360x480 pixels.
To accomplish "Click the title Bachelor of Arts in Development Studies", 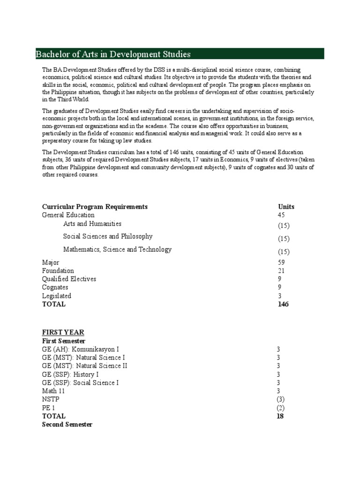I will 113,54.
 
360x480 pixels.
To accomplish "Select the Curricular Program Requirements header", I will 95,207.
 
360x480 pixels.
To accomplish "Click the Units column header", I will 286,207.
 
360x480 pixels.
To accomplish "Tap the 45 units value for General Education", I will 282,215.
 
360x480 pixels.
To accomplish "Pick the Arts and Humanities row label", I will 92,224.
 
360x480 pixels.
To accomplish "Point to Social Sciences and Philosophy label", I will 108,237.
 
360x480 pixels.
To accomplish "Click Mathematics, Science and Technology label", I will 117,250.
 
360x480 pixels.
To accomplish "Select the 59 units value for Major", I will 282,262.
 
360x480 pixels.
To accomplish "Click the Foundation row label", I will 58,271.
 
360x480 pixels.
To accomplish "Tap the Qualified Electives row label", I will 69,279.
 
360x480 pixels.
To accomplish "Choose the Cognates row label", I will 55,287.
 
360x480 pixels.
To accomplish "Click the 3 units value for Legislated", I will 280,296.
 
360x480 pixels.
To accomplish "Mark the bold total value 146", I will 283,304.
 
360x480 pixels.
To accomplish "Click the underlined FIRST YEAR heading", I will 63,332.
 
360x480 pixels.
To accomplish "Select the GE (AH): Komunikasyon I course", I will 80,349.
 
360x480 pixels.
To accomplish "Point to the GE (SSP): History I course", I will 70,375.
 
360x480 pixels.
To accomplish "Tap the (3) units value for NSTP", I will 280,399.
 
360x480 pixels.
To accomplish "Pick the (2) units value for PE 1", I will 280,408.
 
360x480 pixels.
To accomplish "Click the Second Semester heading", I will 67,424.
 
